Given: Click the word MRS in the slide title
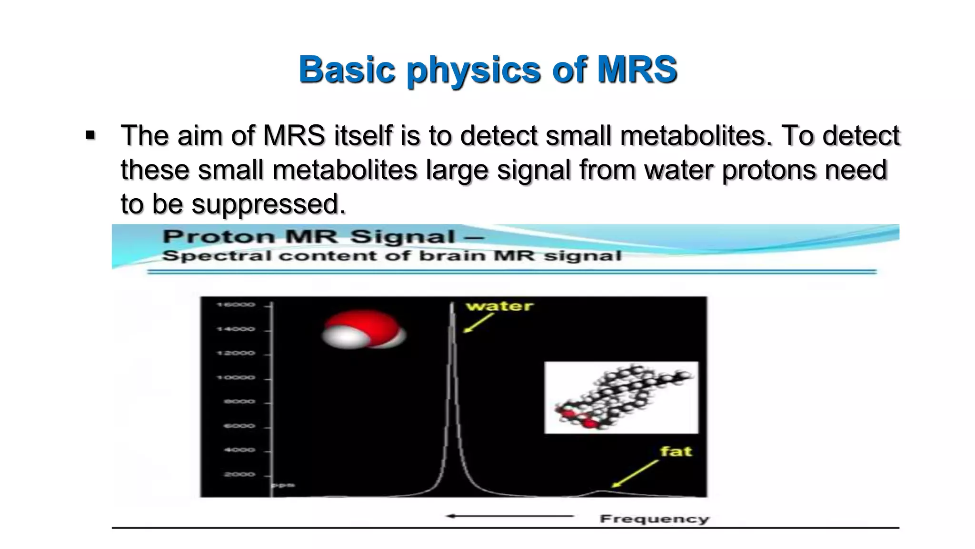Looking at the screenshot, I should point(637,70).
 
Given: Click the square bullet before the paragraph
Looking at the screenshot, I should point(90,136).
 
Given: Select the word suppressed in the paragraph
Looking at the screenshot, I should point(268,204).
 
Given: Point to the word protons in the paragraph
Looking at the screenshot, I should point(769,170).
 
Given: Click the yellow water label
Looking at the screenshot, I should point(499,306).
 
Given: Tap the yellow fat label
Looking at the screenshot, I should point(676,451).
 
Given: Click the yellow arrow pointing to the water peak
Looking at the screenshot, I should point(478,323).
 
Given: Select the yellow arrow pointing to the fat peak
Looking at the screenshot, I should point(635,473).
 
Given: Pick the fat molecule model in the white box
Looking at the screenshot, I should point(621,397).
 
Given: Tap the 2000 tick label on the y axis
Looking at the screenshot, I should point(239,475).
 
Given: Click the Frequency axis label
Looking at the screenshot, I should point(654,519).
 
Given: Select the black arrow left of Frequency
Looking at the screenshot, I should point(510,516).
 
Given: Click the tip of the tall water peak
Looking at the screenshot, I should point(452,304).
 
